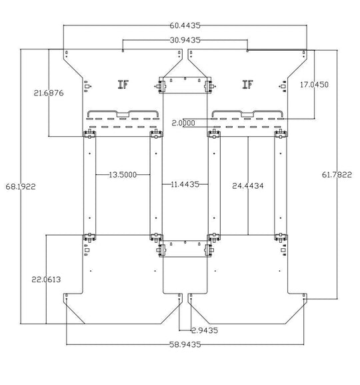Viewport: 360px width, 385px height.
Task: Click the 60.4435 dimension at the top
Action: click(x=185, y=25)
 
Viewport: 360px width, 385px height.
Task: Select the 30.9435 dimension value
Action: click(x=185, y=40)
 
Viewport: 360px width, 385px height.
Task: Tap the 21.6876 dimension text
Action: click(x=49, y=93)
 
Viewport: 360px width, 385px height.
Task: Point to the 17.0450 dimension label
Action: click(x=314, y=85)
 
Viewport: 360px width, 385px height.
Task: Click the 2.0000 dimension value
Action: click(x=183, y=123)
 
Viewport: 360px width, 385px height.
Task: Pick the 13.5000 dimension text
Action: click(x=123, y=175)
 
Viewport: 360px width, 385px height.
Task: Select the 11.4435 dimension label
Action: click(x=185, y=184)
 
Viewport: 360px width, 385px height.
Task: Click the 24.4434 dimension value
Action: click(x=248, y=186)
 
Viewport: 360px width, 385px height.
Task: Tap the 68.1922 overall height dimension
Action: click(x=21, y=187)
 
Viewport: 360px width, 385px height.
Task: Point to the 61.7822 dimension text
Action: click(x=337, y=175)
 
